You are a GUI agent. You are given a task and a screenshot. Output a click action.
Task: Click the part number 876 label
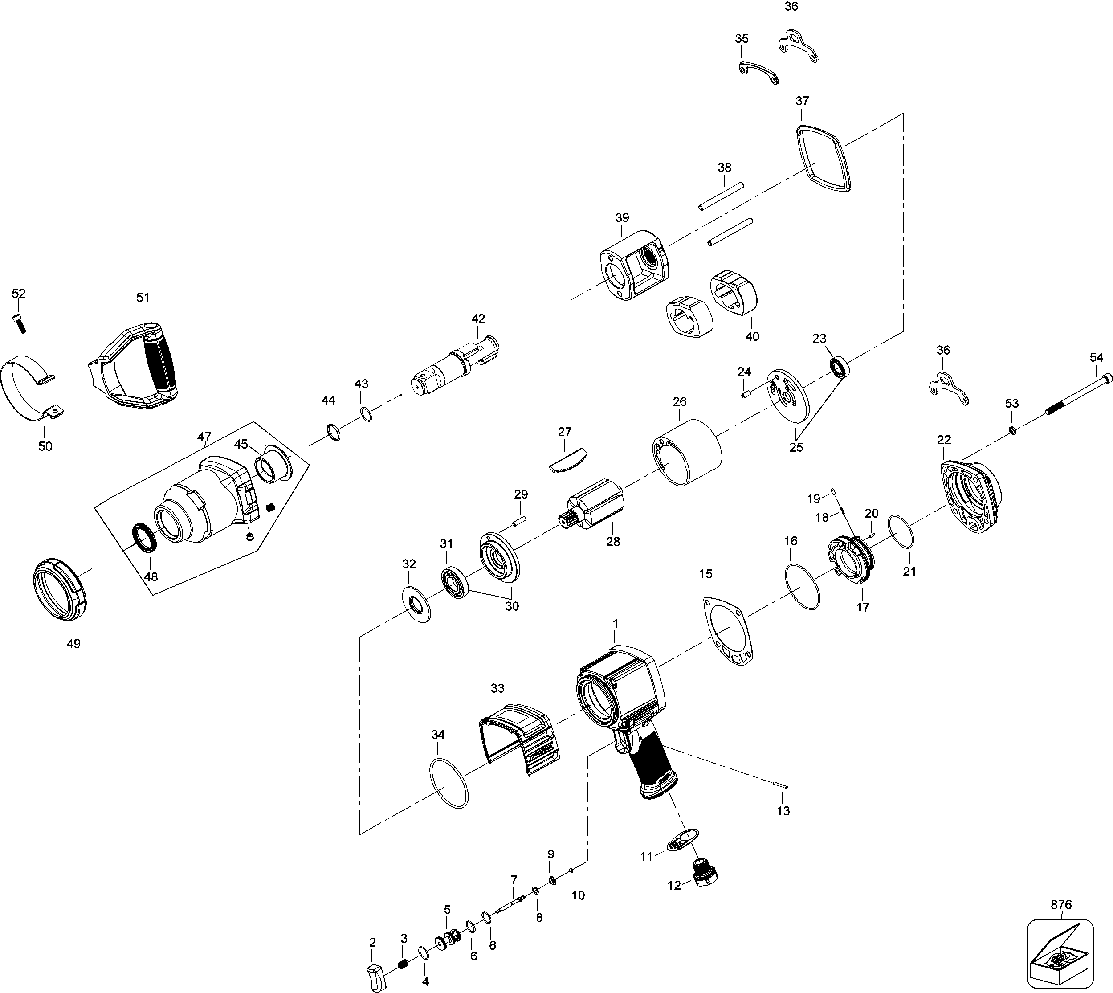pyautogui.click(x=1060, y=905)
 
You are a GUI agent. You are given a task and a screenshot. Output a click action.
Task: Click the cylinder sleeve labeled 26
pyautogui.click(x=687, y=453)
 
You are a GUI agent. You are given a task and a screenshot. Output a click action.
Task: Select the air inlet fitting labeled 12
pyautogui.click(x=705, y=874)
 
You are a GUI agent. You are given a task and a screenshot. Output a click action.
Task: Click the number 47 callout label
pyautogui.click(x=204, y=437)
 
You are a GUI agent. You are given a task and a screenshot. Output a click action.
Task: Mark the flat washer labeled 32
pyautogui.click(x=416, y=605)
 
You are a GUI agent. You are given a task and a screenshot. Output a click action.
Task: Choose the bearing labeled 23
pyautogui.click(x=839, y=367)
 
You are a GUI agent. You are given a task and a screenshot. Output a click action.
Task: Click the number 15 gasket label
pyautogui.click(x=705, y=574)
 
